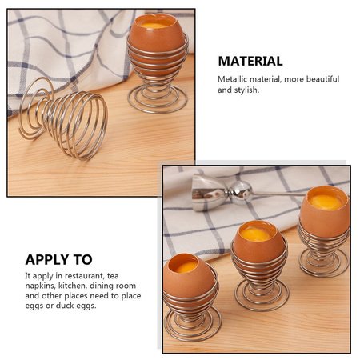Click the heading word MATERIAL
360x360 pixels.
tap(250, 61)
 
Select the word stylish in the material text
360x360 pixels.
tap(246, 90)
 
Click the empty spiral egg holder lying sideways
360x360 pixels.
tap(63, 118)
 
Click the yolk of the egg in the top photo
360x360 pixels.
tap(153, 26)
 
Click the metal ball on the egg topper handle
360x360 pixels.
tap(241, 190)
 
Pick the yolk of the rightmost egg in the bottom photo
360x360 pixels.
tap(326, 202)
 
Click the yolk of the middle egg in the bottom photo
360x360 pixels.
tap(255, 234)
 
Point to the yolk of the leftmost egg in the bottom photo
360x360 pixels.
tap(186, 266)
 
